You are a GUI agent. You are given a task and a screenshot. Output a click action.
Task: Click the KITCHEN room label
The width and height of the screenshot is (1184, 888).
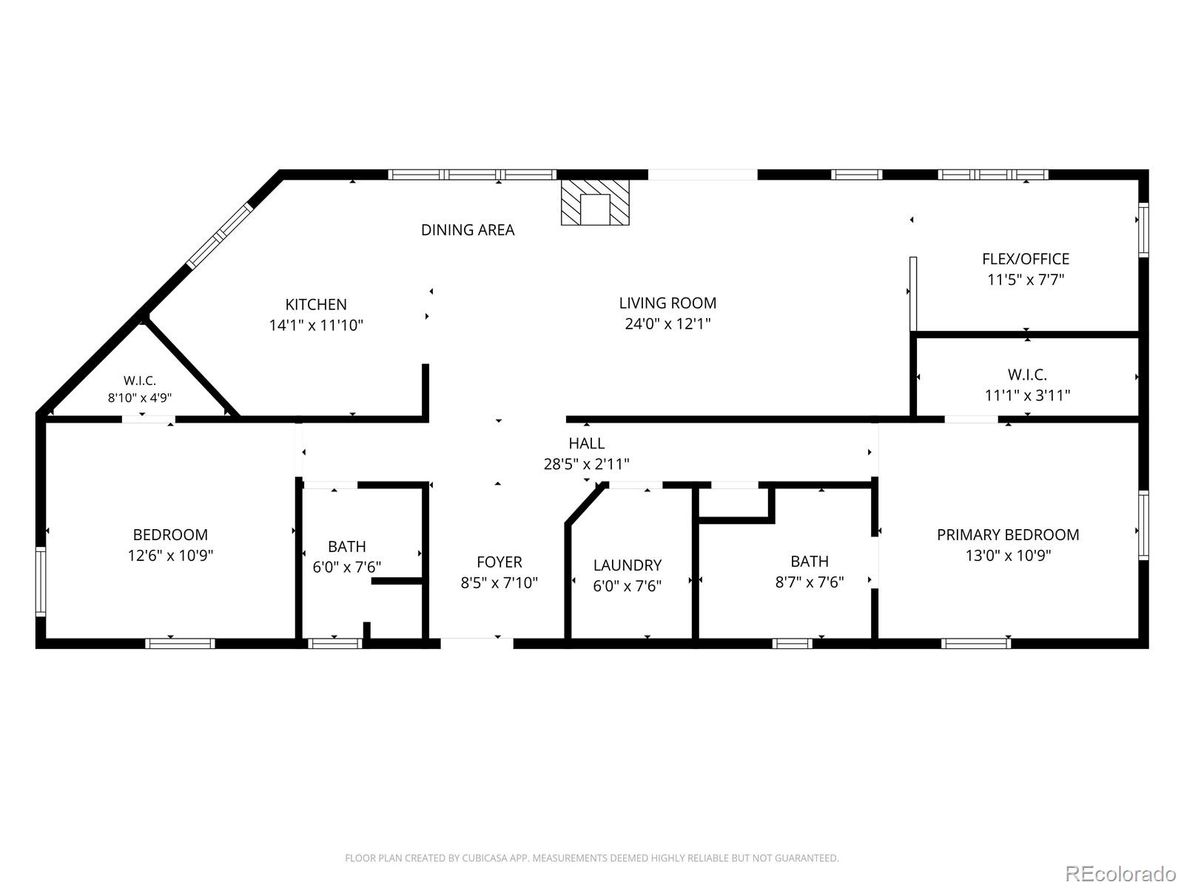pyautogui.click(x=316, y=305)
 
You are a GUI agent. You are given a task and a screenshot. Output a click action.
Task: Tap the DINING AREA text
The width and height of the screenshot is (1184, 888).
pyautogui.click(x=468, y=230)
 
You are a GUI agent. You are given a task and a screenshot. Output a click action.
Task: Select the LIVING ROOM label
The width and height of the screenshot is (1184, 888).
pyautogui.click(x=667, y=303)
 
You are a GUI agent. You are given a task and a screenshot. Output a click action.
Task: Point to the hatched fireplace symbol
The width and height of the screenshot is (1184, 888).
pyautogui.click(x=595, y=202)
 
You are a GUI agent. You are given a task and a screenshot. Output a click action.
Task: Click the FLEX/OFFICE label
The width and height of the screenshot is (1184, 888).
pyautogui.click(x=1026, y=259)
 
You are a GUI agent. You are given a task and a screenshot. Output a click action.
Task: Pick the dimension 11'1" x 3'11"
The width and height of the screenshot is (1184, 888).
pyautogui.click(x=1028, y=396)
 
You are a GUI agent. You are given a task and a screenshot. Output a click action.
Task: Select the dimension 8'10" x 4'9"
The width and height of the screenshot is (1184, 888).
pyautogui.click(x=140, y=398)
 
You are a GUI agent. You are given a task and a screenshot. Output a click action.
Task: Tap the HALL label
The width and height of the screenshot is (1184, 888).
pyautogui.click(x=586, y=443)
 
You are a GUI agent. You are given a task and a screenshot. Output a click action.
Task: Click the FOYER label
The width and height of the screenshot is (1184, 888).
pyautogui.click(x=499, y=562)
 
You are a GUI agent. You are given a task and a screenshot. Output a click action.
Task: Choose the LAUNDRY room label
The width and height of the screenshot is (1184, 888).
pyautogui.click(x=628, y=565)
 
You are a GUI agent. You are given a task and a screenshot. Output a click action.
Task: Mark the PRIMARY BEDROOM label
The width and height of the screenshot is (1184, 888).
pyautogui.click(x=1008, y=535)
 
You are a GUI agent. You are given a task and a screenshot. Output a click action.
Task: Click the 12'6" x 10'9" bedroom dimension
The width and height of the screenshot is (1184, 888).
pyautogui.click(x=170, y=555)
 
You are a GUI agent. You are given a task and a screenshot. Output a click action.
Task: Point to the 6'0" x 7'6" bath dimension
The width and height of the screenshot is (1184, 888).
pyautogui.click(x=347, y=567)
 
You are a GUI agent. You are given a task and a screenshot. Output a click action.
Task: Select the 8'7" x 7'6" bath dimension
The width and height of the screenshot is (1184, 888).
pyautogui.click(x=809, y=582)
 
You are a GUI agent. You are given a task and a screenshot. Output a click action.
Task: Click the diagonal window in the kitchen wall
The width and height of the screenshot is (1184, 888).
pyautogui.click(x=220, y=235)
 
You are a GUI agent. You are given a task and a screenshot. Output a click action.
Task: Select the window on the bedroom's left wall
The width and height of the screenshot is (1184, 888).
pyautogui.click(x=41, y=581)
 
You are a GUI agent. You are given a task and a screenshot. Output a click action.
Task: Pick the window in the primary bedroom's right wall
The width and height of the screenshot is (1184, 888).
pyautogui.click(x=1143, y=525)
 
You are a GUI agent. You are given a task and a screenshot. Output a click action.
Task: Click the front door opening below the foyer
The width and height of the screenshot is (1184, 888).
pyautogui.click(x=477, y=642)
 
